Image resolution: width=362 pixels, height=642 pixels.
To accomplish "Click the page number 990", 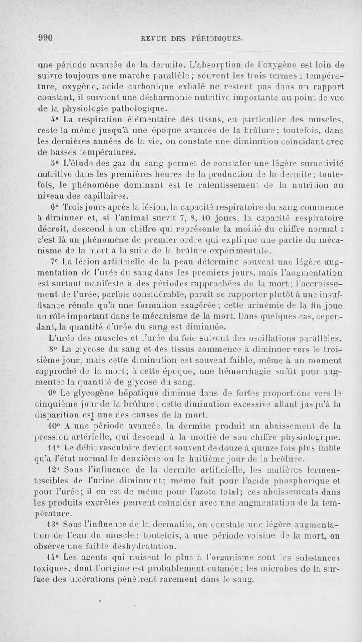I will [46, 38].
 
